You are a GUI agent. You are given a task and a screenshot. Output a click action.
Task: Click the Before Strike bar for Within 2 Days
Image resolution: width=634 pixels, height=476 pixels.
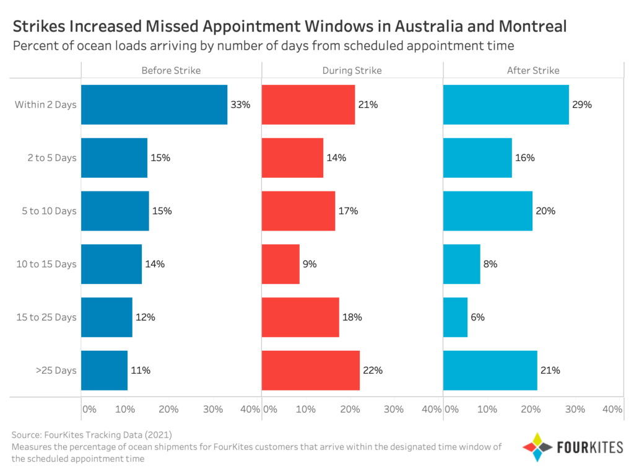(x=154, y=105)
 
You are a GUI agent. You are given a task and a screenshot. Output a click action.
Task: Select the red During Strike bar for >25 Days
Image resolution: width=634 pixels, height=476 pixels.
(x=311, y=371)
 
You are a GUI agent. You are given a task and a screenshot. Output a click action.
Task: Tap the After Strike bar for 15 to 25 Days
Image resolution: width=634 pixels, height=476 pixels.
(x=455, y=317)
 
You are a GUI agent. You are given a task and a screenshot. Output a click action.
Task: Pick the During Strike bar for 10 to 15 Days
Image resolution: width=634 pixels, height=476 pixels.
(x=280, y=264)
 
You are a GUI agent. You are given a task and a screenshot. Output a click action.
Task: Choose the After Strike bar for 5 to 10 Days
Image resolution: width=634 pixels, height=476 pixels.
(x=488, y=211)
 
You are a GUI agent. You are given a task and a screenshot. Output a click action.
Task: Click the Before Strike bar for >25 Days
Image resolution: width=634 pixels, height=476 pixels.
(x=104, y=371)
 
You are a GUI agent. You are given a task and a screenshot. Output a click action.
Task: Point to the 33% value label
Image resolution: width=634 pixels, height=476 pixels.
(x=240, y=105)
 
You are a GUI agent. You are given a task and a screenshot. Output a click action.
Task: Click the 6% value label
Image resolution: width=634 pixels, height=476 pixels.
(x=477, y=317)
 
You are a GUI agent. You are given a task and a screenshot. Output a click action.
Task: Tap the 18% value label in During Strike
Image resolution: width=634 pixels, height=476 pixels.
(x=352, y=317)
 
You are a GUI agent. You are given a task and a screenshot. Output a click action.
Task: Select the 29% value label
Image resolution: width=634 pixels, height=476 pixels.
(x=582, y=105)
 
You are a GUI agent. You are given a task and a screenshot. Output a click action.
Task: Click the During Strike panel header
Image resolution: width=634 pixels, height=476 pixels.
(x=352, y=71)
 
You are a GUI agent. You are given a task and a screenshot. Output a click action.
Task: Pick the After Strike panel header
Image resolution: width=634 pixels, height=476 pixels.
(x=533, y=71)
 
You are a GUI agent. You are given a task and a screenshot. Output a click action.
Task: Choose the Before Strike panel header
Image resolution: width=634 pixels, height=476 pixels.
(x=171, y=71)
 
